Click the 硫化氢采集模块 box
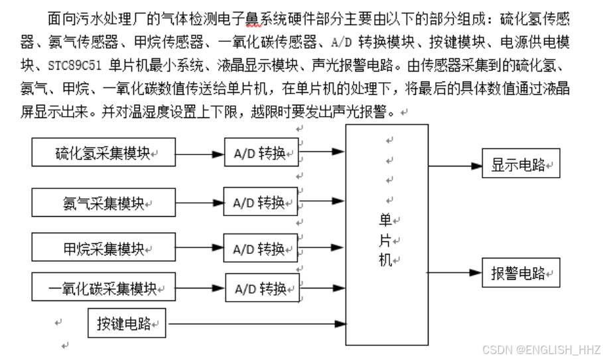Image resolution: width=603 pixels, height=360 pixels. pyautogui.click(x=103, y=153)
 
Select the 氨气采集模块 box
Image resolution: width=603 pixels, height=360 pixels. pyautogui.click(x=103, y=202)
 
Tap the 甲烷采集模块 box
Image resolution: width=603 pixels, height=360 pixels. pyautogui.click(x=103, y=249)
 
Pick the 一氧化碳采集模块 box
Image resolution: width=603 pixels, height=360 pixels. pyautogui.click(x=103, y=288)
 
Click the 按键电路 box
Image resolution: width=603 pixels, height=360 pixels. pyautogui.click(x=127, y=324)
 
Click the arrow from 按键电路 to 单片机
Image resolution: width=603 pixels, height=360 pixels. pyautogui.click(x=255, y=324)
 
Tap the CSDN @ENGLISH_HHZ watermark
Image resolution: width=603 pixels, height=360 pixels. pyautogui.click(x=541, y=349)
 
